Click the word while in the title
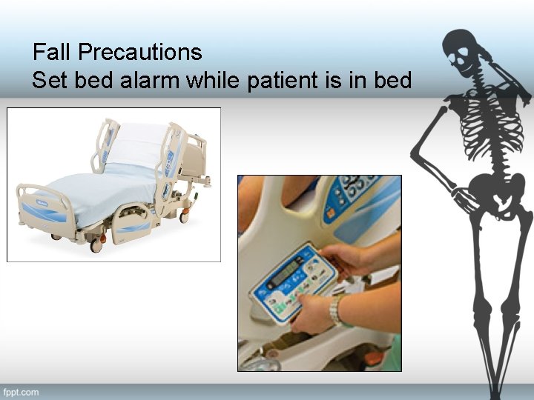pos(212,80)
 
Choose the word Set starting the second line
pos(47,80)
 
